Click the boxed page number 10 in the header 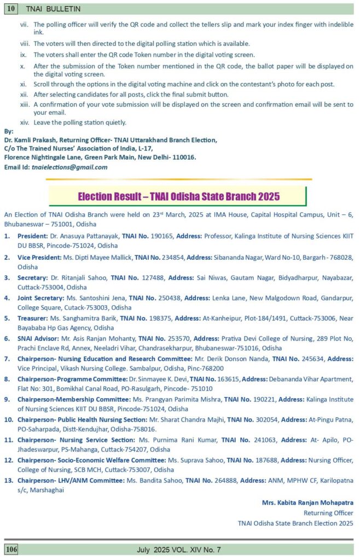click(x=11, y=9)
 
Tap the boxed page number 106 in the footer click(x=12, y=549)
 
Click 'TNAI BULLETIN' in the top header click(x=49, y=9)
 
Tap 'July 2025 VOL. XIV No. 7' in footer click(x=179, y=549)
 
